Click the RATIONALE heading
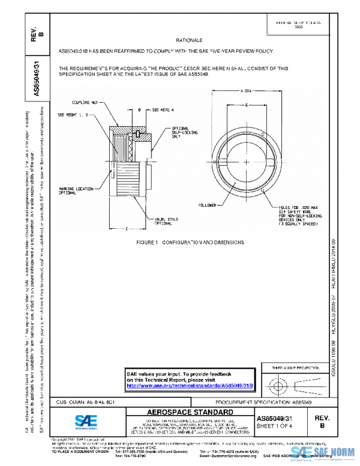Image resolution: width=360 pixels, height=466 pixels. click(188, 40)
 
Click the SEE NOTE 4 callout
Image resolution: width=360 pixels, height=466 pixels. click(161, 110)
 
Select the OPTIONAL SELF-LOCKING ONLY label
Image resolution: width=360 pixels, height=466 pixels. click(184, 133)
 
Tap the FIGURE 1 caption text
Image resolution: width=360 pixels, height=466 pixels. click(191, 242)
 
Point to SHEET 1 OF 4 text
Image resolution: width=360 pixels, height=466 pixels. click(275, 426)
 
